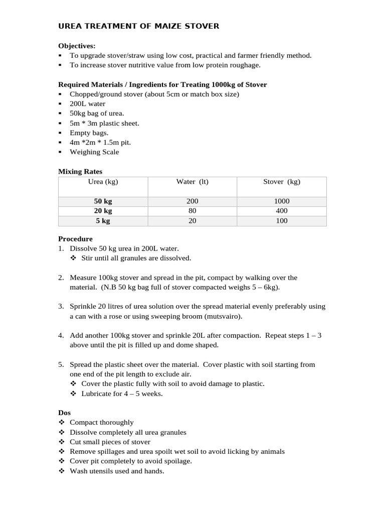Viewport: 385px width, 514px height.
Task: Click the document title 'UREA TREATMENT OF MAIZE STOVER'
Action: (139, 26)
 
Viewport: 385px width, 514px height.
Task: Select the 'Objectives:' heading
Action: (77, 46)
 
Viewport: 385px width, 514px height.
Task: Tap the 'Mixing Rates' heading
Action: (80, 172)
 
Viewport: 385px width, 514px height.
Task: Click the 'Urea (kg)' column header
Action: (103, 182)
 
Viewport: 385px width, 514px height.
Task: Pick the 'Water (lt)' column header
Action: (192, 182)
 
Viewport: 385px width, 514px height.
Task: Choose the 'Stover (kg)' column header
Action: (281, 182)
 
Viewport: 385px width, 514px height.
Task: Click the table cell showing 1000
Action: (281, 201)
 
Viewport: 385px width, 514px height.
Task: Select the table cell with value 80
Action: (192, 211)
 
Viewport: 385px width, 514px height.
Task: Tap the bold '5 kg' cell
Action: (103, 221)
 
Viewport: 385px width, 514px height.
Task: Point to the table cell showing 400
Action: (281, 211)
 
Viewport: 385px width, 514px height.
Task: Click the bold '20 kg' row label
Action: (103, 211)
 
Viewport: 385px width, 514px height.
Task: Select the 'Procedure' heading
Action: (75, 239)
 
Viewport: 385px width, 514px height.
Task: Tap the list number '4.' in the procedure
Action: (61, 335)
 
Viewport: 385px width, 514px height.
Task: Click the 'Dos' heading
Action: (64, 413)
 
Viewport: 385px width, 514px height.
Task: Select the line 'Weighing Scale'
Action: (94, 152)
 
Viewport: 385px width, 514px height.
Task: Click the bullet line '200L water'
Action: (88, 104)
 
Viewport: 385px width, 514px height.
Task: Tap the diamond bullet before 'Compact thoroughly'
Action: (62, 423)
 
